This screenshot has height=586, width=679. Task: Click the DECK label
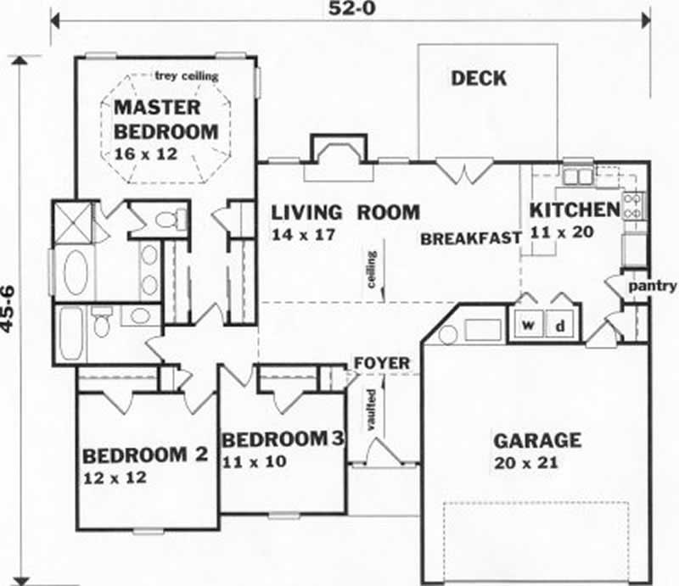coord(479,79)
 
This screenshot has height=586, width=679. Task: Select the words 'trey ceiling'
coord(187,76)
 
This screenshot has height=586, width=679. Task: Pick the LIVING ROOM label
coord(345,212)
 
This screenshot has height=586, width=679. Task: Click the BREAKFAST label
coord(470,239)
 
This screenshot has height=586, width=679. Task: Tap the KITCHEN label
coord(575,210)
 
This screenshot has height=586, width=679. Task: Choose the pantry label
coord(653,286)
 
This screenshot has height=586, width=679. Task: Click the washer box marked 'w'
coord(527,326)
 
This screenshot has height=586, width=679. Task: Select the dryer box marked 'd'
coord(560,326)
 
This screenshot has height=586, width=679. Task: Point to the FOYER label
coord(381,364)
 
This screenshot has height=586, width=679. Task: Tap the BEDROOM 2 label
coord(145,455)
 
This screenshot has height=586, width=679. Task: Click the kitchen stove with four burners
coord(633,205)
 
